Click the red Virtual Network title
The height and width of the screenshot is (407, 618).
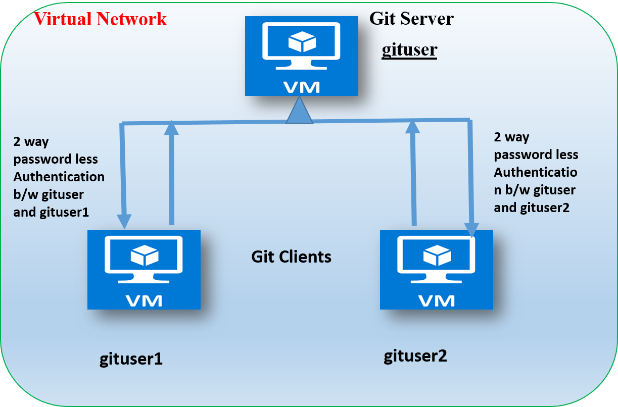tap(100, 19)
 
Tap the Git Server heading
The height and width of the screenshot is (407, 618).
tap(411, 19)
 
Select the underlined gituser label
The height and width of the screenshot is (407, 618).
tap(409, 50)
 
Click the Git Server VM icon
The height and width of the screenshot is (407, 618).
tap(301, 56)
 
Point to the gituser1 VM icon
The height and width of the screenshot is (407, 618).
tap(144, 269)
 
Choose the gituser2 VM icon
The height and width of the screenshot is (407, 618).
tap(436, 269)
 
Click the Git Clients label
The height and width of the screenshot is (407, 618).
tap(292, 257)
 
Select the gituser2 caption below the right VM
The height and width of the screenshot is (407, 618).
tap(415, 356)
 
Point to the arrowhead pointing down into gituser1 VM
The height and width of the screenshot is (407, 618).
tap(124, 220)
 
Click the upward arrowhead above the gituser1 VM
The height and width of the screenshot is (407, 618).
tap(172, 128)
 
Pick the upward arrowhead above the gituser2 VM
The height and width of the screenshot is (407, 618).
tap(413, 127)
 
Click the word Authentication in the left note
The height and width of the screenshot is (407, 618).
tap(59, 177)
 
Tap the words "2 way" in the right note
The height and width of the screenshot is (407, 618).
tap(511, 137)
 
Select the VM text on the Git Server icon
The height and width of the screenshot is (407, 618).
tap(301, 86)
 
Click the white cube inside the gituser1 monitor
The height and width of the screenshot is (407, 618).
tap(144, 256)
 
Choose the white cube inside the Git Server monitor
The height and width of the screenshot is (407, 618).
tap(302, 43)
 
